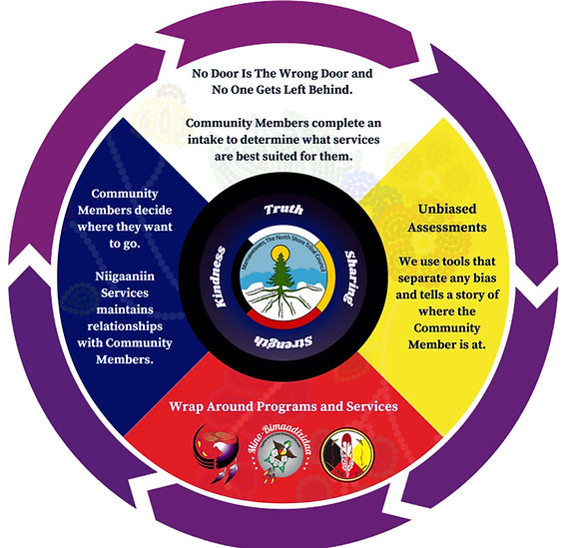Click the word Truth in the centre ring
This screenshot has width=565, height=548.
click(282, 211)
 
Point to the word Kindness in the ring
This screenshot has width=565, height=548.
click(221, 275)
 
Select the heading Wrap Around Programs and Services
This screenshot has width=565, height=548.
click(282, 407)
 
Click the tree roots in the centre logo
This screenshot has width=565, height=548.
click(282, 299)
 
